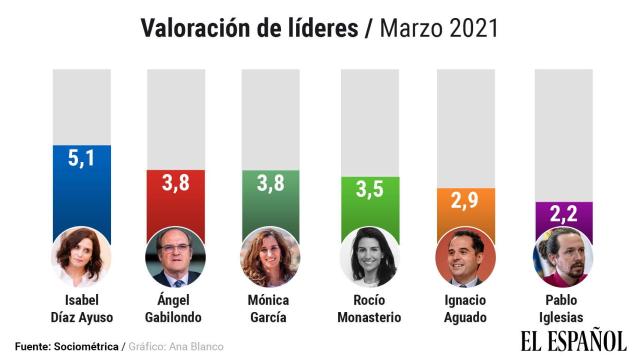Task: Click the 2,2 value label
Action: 563,214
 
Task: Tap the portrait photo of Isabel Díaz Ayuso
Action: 81,257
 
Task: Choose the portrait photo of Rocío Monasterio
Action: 369,257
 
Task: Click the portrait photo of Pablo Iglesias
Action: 563,257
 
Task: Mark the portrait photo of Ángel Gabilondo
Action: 177,257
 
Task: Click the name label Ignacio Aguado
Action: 466,308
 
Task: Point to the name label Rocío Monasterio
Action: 369,308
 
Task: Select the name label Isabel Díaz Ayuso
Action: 81,308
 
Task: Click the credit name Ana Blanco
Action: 197,346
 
